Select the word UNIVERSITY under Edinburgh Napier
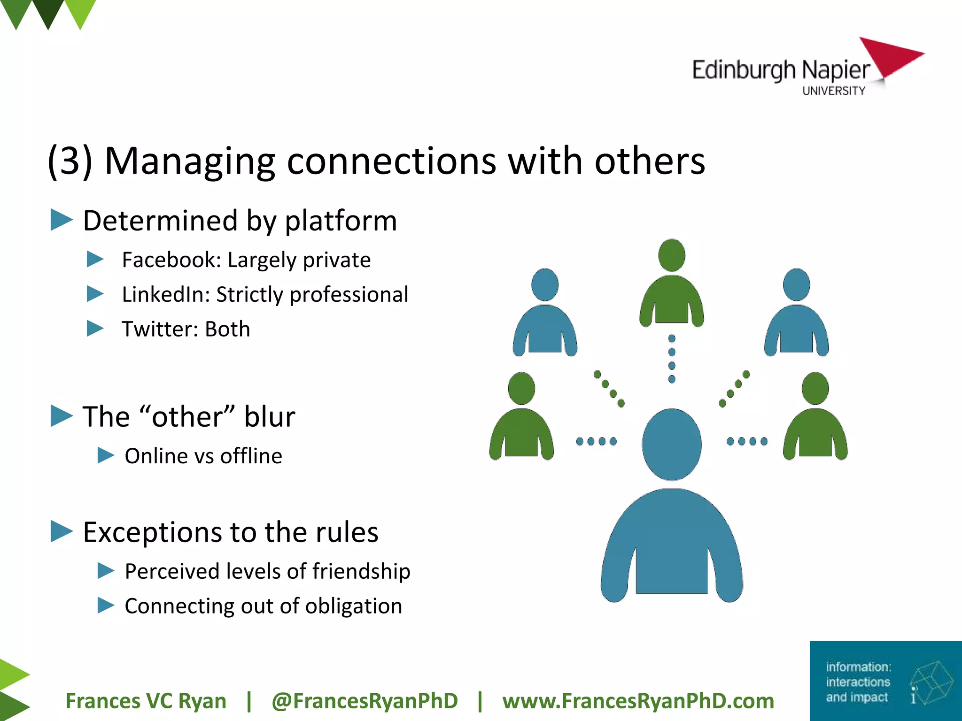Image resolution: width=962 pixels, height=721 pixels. point(833,91)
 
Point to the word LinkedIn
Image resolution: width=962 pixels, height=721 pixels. point(165,295)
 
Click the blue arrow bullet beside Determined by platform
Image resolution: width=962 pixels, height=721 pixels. point(62,220)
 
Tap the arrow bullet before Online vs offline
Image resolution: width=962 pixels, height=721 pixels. point(106,455)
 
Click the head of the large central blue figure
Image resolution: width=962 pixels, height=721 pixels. point(672,444)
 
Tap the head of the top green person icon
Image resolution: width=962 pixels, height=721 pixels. point(672,255)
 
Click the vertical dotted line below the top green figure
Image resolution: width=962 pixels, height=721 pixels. point(672,359)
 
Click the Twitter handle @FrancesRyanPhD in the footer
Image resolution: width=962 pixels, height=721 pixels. point(365,701)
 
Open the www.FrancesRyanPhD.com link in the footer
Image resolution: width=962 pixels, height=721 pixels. point(638,701)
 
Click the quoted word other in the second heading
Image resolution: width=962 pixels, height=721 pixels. point(187,416)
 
